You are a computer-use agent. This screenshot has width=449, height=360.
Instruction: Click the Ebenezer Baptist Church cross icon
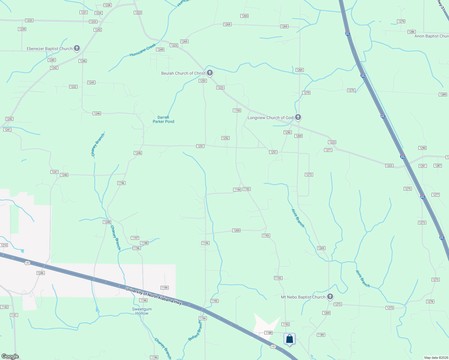[x=77, y=48]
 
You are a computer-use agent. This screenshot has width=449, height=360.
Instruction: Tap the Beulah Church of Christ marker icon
[x=210, y=73]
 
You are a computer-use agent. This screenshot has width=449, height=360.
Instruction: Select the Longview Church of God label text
[x=270, y=118]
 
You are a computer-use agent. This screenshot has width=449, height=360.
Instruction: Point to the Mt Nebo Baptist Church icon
[x=330, y=297]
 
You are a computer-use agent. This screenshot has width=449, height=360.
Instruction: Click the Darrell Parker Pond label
[x=163, y=119]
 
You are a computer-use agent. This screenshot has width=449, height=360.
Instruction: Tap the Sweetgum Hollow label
[x=142, y=311]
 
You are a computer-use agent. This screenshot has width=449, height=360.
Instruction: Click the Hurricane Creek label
[x=143, y=50]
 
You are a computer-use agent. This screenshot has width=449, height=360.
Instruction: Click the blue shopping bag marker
[x=289, y=339]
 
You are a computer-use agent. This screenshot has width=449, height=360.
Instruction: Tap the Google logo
[x=10, y=356]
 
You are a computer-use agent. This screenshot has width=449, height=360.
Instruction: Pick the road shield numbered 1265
[x=245, y=16]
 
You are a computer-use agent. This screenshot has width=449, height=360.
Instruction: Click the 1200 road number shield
[x=237, y=230]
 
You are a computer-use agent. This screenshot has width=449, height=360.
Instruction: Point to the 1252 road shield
[x=225, y=138]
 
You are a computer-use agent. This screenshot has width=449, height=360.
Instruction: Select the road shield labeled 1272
[x=309, y=175]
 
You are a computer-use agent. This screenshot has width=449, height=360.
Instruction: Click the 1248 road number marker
[x=107, y=222]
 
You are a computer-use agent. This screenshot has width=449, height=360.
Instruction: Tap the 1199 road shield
[x=164, y=288]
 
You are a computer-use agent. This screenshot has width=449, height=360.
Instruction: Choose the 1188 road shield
[x=268, y=333]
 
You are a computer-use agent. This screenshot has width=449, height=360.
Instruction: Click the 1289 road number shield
[x=443, y=94]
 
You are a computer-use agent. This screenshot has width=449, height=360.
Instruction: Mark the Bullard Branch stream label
[x=195, y=331]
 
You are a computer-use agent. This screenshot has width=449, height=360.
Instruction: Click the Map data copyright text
[x=435, y=358]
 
